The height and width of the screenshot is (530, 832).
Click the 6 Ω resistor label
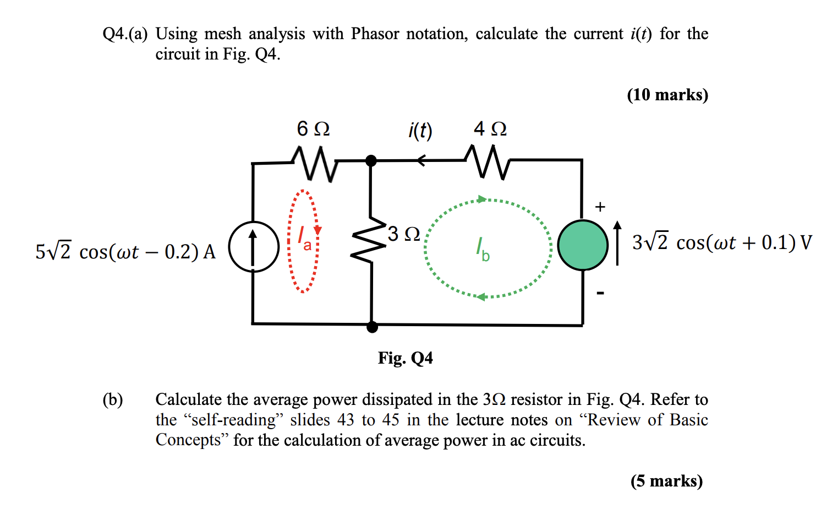[313, 129]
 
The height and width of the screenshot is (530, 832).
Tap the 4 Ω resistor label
[490, 129]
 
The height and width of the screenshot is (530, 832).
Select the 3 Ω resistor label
[404, 234]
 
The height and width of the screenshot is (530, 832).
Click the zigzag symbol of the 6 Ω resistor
[314, 163]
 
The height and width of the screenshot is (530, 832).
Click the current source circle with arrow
[254, 246]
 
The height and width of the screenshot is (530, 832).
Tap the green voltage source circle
[583, 245]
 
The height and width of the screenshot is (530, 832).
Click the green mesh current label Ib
[483, 249]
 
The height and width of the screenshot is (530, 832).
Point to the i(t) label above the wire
[420, 131]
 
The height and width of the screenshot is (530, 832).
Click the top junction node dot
[371, 161]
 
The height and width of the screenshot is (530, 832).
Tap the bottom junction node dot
[372, 327]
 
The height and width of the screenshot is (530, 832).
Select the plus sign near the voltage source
[600, 207]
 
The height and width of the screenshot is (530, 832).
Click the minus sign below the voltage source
[600, 293]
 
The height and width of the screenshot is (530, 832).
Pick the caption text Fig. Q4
[405, 358]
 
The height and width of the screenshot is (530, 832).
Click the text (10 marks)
[667, 95]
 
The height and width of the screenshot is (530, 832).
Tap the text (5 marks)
[666, 481]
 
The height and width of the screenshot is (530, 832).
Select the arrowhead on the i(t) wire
[421, 161]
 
